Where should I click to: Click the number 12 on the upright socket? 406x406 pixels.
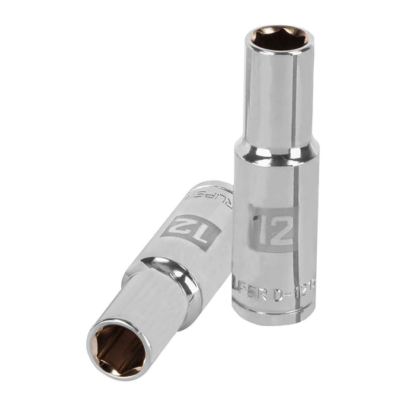coord(271,226)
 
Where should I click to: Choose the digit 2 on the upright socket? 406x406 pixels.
coord(279,226)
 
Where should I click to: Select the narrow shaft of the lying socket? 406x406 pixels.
coord(141,305)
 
